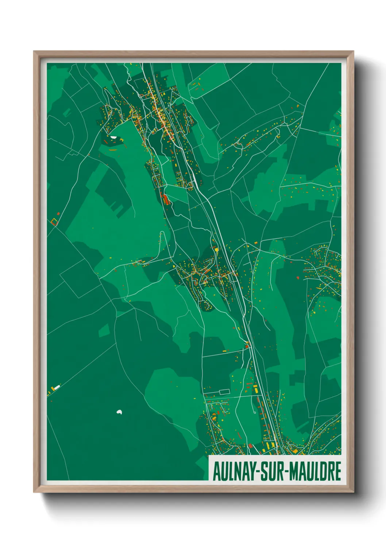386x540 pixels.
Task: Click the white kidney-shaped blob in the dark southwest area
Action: (119, 412)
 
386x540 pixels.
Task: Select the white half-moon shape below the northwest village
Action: (113, 137)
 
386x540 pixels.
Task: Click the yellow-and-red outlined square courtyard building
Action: (54, 221)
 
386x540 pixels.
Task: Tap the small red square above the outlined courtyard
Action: (58, 213)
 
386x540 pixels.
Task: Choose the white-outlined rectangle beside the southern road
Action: (224, 391)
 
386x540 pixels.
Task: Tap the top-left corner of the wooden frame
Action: (34, 52)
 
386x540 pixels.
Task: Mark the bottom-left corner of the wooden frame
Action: (34, 492)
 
